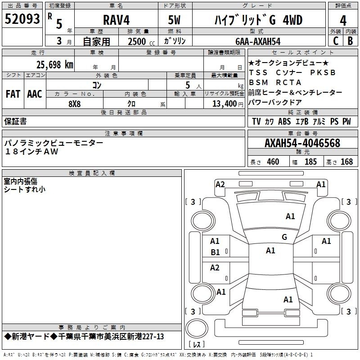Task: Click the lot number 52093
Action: click(22, 19)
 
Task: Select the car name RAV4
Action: click(117, 20)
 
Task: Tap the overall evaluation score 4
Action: click(343, 21)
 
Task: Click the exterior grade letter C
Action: click(336, 41)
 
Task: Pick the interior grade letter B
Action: click(350, 41)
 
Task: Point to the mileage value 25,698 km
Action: click(55, 65)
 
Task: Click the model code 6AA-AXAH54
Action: click(258, 41)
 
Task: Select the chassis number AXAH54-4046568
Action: click(302, 143)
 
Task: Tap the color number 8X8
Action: click(75, 104)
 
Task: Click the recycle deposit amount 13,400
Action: click(225, 104)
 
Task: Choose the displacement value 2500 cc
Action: click(141, 42)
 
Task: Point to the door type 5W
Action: click(174, 20)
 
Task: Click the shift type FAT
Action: click(13, 94)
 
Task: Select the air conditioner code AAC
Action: click(35, 94)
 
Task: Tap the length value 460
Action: click(273, 162)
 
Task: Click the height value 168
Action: click(346, 162)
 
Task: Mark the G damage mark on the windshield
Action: click(284, 237)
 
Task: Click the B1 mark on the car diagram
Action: click(215, 252)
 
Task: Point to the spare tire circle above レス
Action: click(197, 328)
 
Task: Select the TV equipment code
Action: click(256, 121)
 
